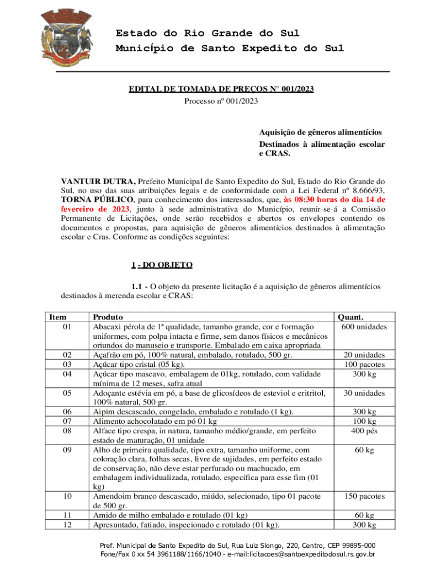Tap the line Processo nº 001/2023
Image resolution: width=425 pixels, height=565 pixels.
(221, 101)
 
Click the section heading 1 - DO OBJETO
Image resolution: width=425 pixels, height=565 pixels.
(162, 265)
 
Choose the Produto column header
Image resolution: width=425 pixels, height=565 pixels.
(108, 317)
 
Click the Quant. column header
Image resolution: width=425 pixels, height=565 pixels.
(350, 317)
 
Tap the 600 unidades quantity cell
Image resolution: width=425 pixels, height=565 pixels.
(364, 327)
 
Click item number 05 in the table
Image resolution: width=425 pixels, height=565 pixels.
(67, 393)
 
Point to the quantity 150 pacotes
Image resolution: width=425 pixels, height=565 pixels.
(365, 497)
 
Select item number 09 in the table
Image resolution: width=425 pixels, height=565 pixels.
(67, 450)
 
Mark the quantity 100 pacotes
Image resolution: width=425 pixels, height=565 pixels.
(365, 365)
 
